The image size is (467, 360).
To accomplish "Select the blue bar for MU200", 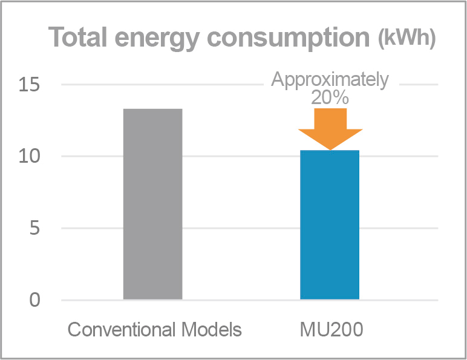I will [330, 224].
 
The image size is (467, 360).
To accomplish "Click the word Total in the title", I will [80, 38].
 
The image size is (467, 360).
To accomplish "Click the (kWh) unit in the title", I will [406, 39].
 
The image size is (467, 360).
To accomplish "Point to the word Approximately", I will [330, 80].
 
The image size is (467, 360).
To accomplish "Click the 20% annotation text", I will [330, 98].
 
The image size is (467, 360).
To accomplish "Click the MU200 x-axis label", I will [330, 330].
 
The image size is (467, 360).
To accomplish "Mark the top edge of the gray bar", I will [152, 109].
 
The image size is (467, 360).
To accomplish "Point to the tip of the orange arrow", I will [330, 149].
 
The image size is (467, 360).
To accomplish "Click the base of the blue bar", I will [330, 298].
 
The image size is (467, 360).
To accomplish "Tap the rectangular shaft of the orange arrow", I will [330, 119].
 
